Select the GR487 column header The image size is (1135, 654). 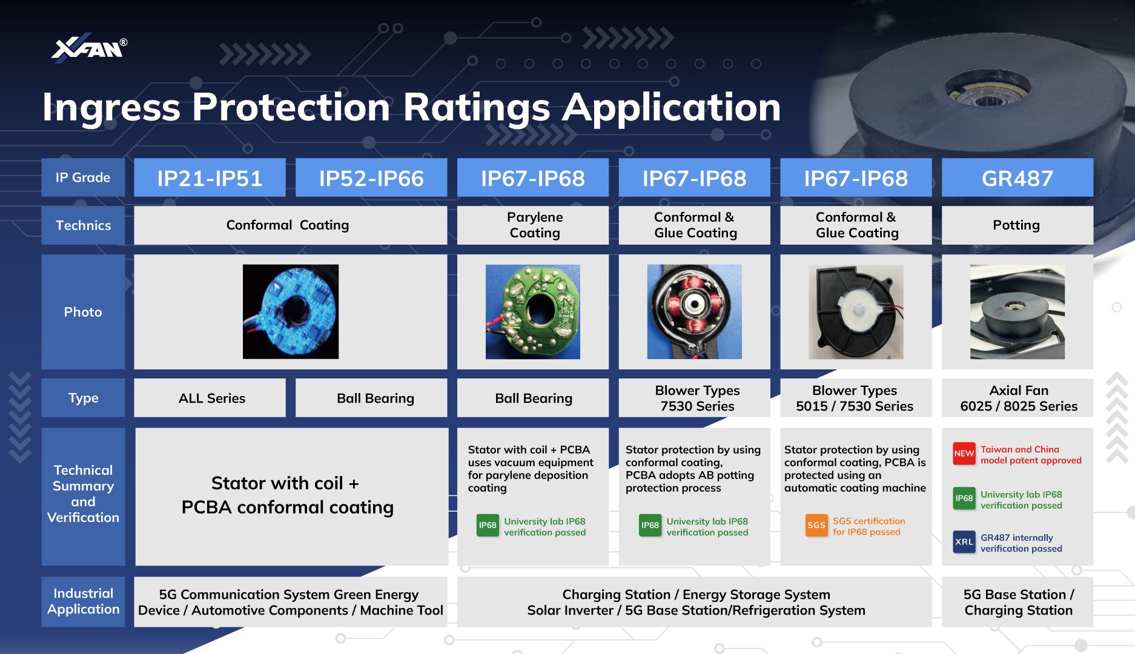pos(1017,178)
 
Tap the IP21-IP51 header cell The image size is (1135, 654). pos(210,178)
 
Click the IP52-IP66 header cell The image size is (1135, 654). pos(371,178)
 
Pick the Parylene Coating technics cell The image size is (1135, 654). pos(533,225)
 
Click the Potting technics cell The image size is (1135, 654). pos(1017,225)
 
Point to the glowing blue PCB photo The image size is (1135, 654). pos(291,312)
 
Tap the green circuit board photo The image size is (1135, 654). pos(533,312)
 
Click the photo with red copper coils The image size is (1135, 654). pos(694,312)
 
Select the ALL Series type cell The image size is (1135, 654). pos(210,398)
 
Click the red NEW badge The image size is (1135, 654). pos(964,454)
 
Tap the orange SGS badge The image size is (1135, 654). pos(816,525)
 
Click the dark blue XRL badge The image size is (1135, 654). pos(964,542)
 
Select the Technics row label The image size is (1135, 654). pos(83,225)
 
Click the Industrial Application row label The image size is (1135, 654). pos(83,601)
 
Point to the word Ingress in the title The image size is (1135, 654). pos(111,108)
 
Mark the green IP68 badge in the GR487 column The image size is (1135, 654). pos(964,498)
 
